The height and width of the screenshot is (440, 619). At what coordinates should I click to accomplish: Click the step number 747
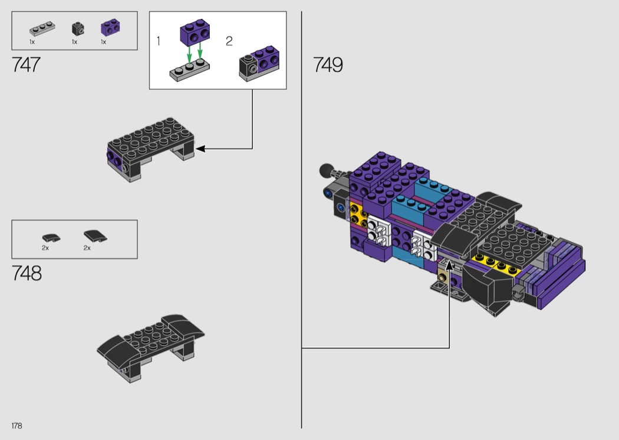[x=26, y=65]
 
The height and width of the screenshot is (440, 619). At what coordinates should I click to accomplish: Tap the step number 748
[x=27, y=273]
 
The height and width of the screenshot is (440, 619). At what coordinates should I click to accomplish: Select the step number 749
[x=328, y=65]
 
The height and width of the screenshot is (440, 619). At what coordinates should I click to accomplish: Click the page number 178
[x=17, y=426]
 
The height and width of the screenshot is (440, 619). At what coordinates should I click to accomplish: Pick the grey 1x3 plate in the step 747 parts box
[x=42, y=28]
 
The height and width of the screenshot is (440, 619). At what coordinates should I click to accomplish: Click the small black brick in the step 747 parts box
[x=78, y=29]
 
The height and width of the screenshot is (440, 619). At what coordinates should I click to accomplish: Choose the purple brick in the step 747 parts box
[x=111, y=27]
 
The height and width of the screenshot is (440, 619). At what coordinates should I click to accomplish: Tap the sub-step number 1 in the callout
[x=159, y=41]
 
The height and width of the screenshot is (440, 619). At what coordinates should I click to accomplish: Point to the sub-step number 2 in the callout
[x=229, y=41]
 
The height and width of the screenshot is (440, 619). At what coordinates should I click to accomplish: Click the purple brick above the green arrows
[x=195, y=31]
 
